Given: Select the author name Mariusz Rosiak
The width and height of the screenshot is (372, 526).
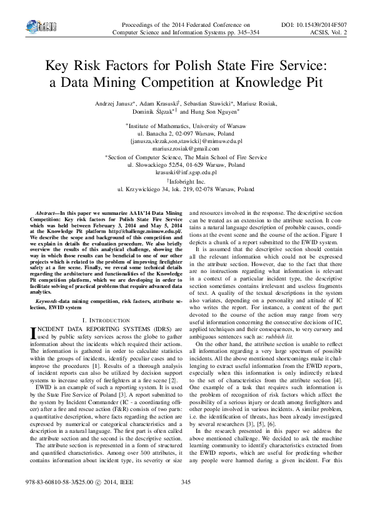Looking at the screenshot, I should [x=259, y=104].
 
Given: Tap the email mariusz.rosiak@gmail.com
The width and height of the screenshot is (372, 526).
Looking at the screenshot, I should [x=186, y=149].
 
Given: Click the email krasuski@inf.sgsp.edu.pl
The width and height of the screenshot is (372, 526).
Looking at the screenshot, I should [x=186, y=172].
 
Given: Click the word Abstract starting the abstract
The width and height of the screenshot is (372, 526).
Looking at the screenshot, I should [x=49, y=214].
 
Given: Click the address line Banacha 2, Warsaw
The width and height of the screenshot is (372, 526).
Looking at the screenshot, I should [x=186, y=134].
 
